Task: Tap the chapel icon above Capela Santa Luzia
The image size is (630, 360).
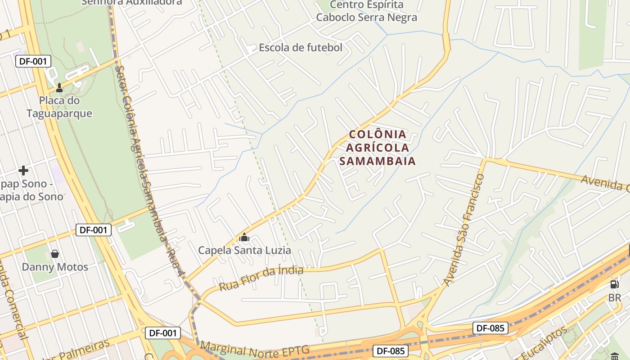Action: point(244,237)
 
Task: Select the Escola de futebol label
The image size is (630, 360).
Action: point(300,47)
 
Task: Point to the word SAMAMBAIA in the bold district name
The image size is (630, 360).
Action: point(377,161)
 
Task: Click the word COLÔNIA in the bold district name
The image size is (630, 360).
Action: point(378,134)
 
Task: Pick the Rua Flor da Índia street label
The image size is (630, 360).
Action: point(261,278)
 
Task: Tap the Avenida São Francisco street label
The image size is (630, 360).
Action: point(464,229)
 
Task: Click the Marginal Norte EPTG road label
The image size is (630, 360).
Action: point(255,350)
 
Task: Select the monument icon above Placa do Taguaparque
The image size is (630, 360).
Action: point(59,87)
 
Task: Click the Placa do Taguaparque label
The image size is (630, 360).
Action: point(59,107)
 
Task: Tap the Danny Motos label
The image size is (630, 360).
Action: point(55,267)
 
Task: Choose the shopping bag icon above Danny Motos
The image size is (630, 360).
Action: point(55,254)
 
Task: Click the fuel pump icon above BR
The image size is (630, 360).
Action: point(614,284)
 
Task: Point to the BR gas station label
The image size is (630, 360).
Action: point(614,298)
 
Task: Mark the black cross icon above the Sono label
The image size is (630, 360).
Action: point(23,171)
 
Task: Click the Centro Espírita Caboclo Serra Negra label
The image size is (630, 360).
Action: point(366,11)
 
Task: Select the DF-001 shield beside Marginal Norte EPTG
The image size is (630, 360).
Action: point(163,333)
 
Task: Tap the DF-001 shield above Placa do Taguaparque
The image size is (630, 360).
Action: point(33,61)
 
